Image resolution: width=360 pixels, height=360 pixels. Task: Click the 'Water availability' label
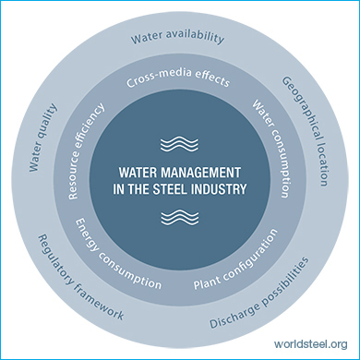coord(177,37)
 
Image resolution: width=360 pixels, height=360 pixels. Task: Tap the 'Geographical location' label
coord(306,130)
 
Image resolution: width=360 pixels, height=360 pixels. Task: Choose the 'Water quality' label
coord(42,138)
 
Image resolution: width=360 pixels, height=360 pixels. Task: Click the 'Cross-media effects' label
coord(178,78)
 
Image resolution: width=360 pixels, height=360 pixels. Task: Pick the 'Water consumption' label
coord(271,149)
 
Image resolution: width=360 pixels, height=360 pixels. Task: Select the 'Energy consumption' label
coord(118,255)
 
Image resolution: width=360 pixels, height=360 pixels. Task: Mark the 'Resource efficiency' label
coord(86,151)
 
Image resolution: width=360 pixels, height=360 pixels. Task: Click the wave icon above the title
coord(179,143)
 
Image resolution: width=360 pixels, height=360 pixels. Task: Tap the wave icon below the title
coord(180,217)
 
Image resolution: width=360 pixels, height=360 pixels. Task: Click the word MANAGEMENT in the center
coord(201,173)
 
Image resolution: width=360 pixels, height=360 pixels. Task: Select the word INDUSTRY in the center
coord(219,189)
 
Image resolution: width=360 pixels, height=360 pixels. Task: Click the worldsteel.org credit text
coord(311,343)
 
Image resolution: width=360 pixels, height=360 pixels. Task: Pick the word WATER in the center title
coord(138,173)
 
